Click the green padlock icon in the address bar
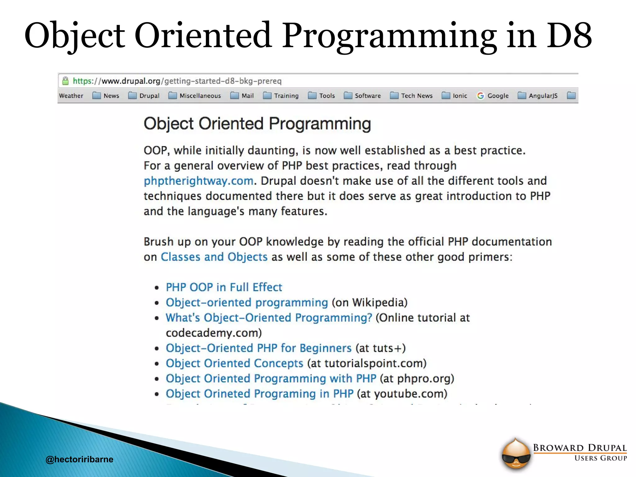(x=65, y=81)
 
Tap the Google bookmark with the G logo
(x=493, y=96)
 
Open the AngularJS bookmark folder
(x=538, y=96)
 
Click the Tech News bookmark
(x=411, y=96)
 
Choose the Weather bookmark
(x=71, y=96)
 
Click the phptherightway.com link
(x=199, y=181)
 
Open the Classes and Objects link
(x=214, y=257)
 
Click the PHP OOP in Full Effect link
(x=224, y=287)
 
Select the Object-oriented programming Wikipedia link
(x=247, y=302)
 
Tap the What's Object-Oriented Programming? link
(x=269, y=318)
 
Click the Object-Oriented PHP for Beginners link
(x=259, y=348)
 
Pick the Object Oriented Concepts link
(x=234, y=363)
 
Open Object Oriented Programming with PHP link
(x=271, y=379)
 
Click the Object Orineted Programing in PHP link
(x=260, y=394)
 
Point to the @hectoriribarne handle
(x=79, y=459)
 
